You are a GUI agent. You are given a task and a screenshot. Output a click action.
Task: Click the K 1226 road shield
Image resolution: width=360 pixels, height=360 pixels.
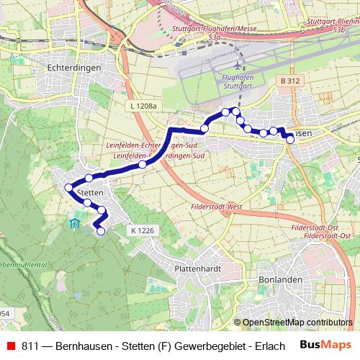[143, 230]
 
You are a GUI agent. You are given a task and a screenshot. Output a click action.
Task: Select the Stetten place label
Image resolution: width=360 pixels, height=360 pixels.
[90, 193]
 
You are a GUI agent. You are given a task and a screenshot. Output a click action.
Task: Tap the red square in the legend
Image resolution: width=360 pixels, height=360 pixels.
[11, 346]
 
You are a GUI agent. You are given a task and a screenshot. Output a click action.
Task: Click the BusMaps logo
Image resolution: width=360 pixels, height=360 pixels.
[321, 345]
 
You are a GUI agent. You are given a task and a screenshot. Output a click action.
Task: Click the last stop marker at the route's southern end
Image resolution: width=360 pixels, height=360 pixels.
[101, 231]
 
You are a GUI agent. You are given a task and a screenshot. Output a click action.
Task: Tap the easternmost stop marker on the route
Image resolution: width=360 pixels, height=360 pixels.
[290, 140]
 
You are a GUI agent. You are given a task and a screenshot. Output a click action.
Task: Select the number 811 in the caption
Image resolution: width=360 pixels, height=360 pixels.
[30, 346]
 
